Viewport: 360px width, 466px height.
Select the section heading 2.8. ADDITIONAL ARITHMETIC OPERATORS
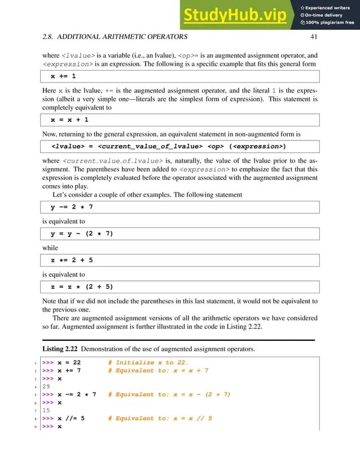[116, 38]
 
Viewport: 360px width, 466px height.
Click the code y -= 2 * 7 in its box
[72, 207]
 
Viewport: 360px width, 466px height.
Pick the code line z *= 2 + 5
[72, 260]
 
